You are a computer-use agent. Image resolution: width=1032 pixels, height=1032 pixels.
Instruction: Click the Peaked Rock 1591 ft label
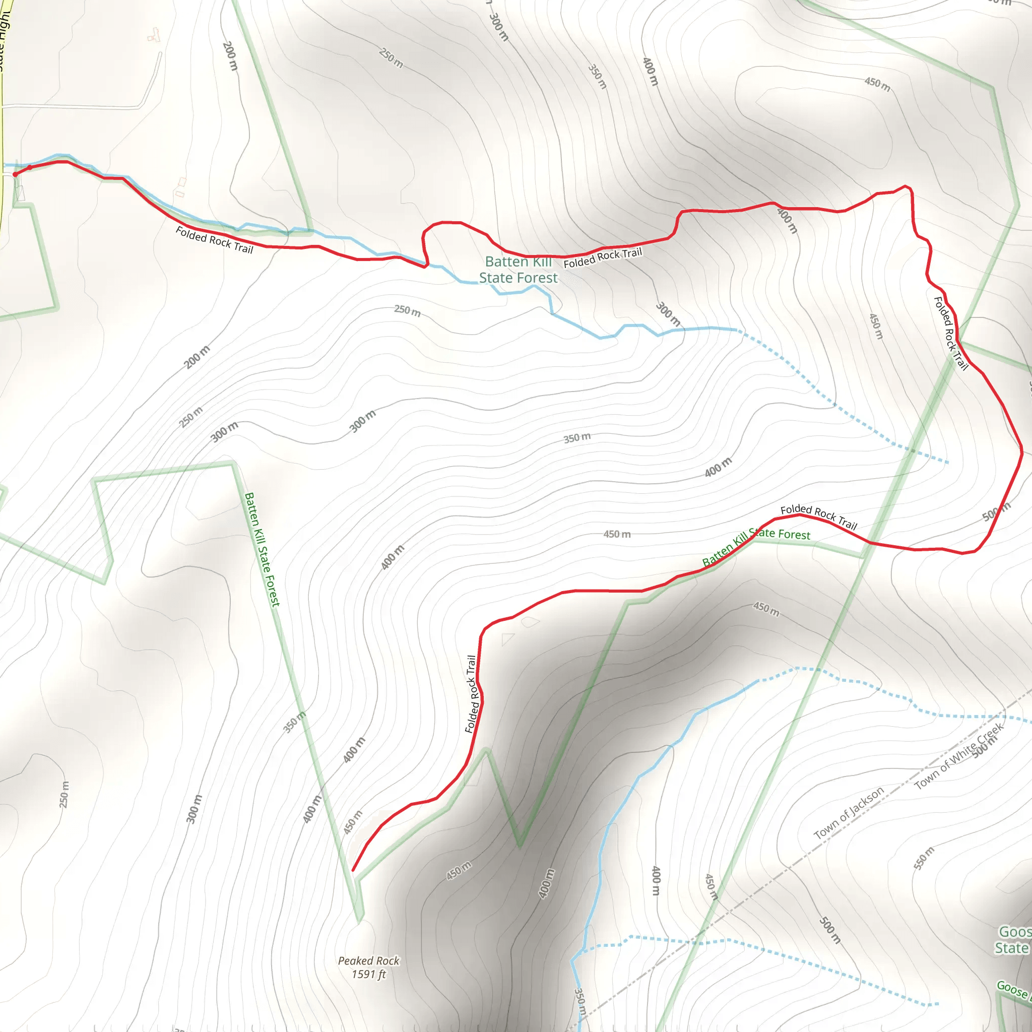point(368,967)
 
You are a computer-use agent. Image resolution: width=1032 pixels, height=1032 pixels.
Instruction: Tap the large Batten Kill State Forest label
point(518,270)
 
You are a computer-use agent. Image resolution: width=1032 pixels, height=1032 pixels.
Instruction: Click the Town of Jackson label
point(849,813)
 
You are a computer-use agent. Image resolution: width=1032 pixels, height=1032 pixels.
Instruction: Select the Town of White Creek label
point(959,756)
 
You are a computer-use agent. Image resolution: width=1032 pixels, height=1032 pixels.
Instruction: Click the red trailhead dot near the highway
point(15,174)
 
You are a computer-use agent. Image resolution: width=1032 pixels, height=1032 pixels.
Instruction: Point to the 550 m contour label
point(924,858)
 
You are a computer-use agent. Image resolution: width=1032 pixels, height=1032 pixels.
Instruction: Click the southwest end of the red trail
point(354,870)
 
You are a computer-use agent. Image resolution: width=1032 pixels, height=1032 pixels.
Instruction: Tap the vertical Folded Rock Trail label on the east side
point(951,333)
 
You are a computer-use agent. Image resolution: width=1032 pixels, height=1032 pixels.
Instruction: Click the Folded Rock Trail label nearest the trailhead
point(214,240)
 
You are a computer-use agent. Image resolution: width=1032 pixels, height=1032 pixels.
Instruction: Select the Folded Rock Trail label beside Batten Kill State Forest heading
point(603,258)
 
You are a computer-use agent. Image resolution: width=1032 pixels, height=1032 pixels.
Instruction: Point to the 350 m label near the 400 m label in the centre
point(577,438)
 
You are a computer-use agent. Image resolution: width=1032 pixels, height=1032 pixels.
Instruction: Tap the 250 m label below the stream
point(407,310)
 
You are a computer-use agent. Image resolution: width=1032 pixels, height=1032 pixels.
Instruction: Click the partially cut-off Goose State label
point(1012,940)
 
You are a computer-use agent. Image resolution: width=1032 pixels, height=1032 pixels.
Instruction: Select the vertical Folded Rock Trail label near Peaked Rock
point(471,694)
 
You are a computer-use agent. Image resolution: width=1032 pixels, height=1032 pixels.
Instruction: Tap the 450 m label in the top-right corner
point(877,84)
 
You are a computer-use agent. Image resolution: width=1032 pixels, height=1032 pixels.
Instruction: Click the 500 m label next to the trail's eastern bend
point(996,511)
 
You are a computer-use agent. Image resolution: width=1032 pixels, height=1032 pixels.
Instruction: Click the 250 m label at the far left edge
point(63,794)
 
